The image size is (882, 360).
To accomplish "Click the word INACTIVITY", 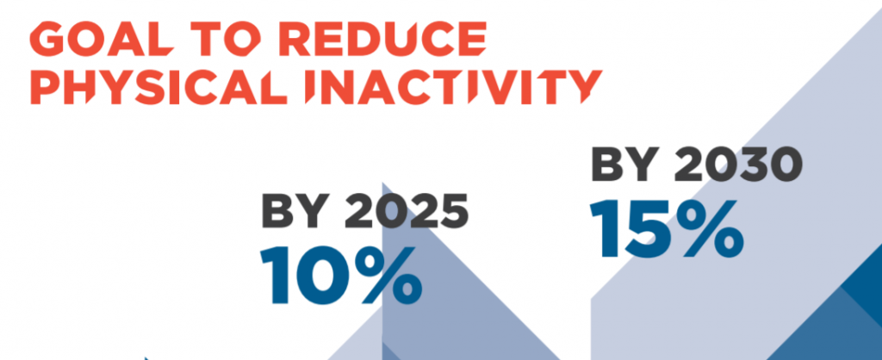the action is (453, 86).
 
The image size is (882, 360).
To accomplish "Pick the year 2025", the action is (407, 212).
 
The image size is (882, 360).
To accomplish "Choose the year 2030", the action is (737, 164).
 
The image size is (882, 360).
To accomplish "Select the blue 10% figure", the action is (341, 276).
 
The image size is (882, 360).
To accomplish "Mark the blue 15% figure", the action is (667, 229).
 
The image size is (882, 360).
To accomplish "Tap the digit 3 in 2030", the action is (752, 164).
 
